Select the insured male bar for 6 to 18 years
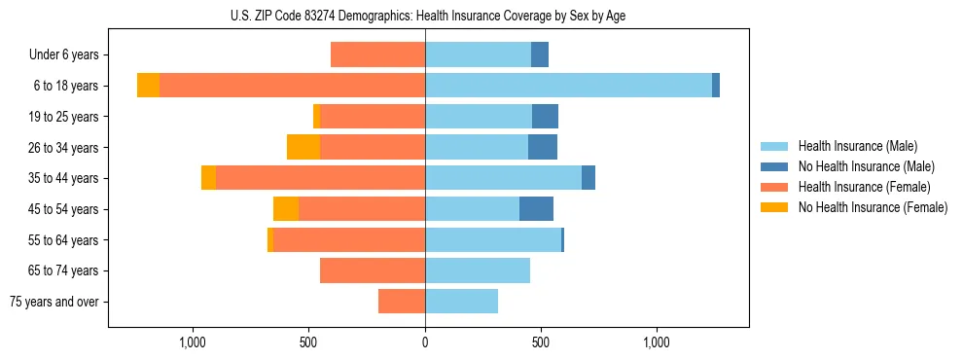point(568,86)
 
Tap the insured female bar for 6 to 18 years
point(292,86)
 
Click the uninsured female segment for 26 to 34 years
point(303,147)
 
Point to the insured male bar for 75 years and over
point(461,302)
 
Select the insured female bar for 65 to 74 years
point(373,270)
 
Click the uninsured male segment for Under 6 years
point(540,54)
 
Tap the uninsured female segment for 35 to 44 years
point(208,178)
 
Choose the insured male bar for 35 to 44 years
point(503,178)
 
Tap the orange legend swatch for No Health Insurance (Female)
point(774,207)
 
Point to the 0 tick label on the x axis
point(425,342)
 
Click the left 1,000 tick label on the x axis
point(193,342)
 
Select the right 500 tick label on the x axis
point(541,342)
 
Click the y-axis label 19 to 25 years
point(64,117)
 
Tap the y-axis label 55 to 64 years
point(64,240)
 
